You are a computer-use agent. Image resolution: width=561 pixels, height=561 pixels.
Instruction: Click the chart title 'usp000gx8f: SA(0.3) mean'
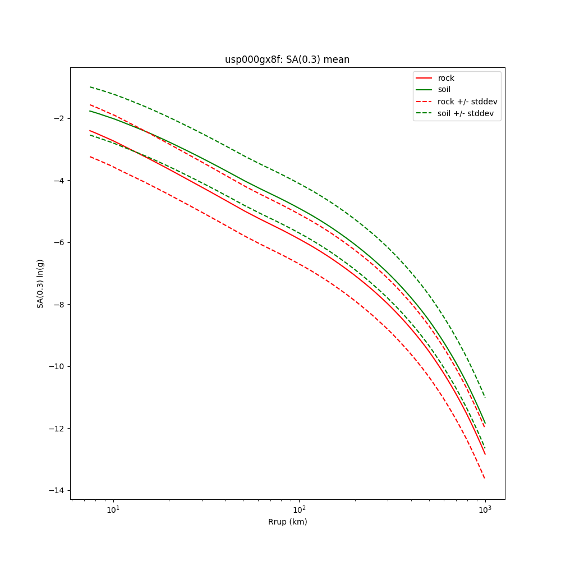click(287, 59)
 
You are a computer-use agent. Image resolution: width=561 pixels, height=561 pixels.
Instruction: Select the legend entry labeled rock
click(446, 78)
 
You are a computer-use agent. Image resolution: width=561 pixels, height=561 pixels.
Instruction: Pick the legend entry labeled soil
click(444, 89)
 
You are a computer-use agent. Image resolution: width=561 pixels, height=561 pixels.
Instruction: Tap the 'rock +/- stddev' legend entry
click(467, 102)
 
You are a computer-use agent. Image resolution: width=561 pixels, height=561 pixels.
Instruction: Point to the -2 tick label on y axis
click(59, 118)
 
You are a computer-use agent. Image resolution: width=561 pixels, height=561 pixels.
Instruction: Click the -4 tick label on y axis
click(59, 181)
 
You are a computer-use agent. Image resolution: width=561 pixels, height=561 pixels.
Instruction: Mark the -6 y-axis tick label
click(59, 242)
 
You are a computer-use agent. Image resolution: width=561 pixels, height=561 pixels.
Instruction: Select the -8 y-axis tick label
click(59, 305)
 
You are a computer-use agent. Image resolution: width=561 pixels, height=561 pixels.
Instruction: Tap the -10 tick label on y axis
click(57, 366)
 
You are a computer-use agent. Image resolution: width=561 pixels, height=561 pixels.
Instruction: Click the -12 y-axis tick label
click(57, 429)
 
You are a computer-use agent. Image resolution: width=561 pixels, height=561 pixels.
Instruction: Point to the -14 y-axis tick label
click(57, 491)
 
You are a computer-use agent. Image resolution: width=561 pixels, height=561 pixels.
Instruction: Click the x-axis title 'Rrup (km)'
click(287, 522)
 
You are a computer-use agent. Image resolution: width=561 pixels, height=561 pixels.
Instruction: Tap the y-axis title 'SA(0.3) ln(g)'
click(40, 283)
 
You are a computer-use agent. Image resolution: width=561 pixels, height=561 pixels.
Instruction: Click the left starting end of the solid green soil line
click(90, 111)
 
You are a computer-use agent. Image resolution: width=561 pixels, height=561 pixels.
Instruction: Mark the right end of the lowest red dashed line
click(485, 479)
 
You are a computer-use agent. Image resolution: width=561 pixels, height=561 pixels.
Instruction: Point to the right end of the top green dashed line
click(485, 398)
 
